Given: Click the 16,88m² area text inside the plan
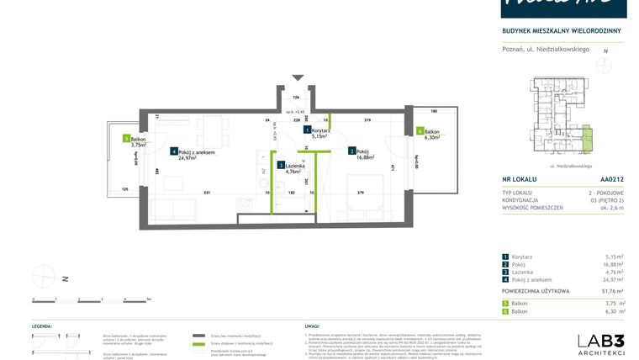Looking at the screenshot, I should point(365,156).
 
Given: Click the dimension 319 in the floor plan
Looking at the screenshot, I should point(367,120).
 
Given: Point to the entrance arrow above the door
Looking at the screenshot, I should point(296,78).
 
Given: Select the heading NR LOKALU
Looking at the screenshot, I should point(520,179).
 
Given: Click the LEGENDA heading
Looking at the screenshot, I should point(43,324).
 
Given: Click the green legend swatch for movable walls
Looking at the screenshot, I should point(199,345).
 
